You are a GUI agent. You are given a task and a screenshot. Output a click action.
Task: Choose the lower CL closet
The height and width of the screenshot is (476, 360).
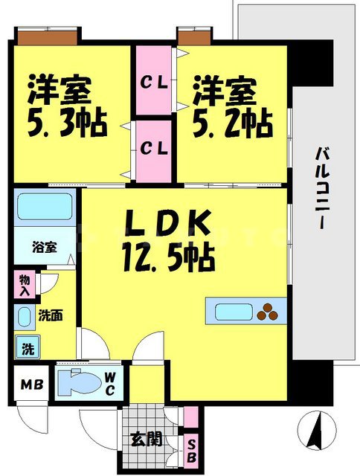coord(153,147)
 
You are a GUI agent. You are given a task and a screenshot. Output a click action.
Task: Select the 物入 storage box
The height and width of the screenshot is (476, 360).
coord(24,285)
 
